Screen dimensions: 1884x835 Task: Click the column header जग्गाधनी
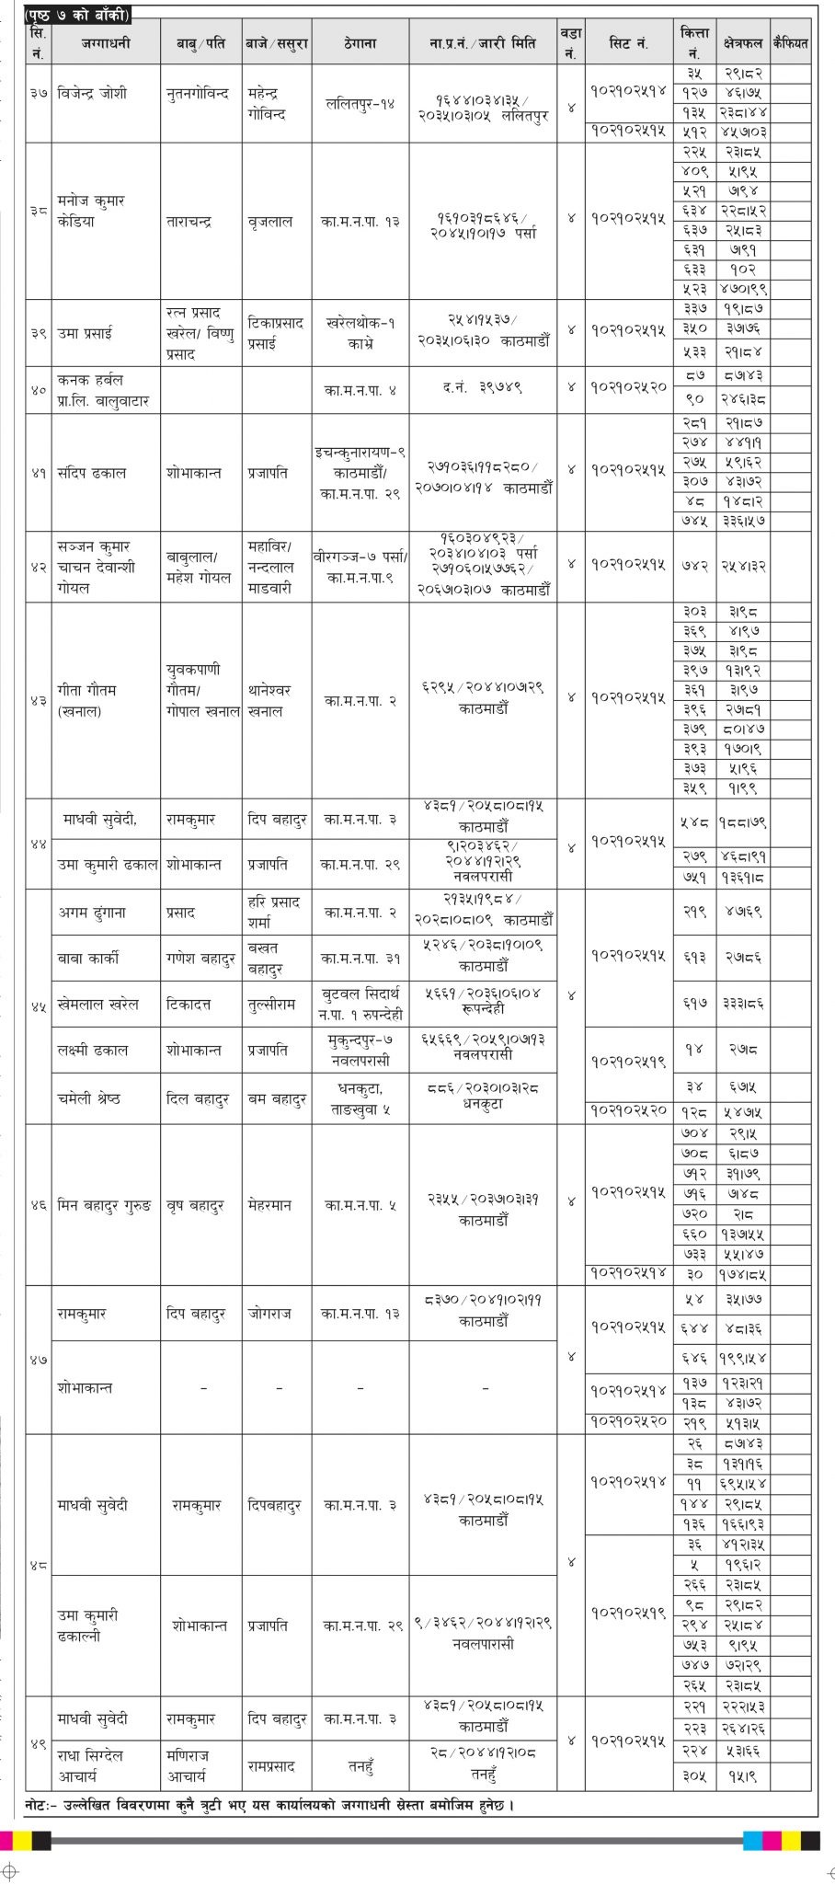[x=106, y=43]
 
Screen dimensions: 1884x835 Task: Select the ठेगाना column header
[x=360, y=43]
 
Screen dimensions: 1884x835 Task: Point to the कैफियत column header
[x=790, y=43]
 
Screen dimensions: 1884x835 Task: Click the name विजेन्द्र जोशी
[x=92, y=94]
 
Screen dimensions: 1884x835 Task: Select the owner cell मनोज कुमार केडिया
[x=90, y=211]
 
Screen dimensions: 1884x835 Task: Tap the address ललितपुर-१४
[x=360, y=105]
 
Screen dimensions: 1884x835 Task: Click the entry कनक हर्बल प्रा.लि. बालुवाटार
[x=102, y=390]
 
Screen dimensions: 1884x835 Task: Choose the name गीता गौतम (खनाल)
[x=86, y=699]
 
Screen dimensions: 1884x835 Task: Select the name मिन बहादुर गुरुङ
[x=104, y=1205]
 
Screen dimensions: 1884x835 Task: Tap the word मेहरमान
[x=269, y=1205]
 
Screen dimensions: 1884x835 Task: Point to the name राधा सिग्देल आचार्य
[x=90, y=1765]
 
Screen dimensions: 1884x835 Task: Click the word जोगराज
[x=269, y=1314]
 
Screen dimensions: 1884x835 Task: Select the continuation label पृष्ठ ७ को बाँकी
[x=77, y=14]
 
